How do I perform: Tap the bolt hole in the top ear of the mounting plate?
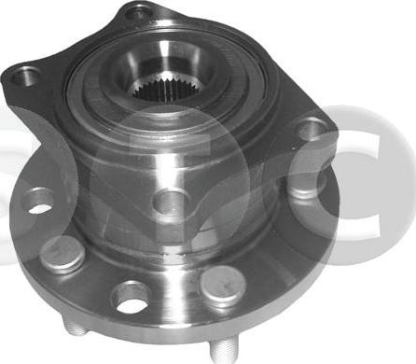(139, 13)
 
